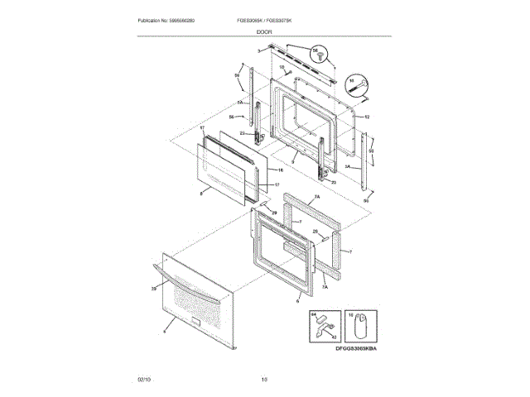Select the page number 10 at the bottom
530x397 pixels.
click(x=264, y=379)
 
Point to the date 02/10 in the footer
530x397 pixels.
click(x=144, y=379)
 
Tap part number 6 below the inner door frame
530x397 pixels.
click(x=296, y=302)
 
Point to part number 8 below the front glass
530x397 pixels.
click(x=201, y=193)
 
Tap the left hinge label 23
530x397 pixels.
click(x=243, y=133)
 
